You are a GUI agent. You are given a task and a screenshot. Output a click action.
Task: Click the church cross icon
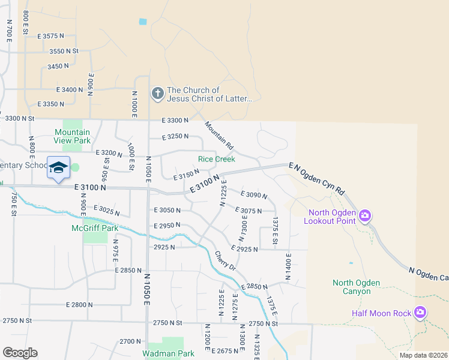click(x=157, y=93)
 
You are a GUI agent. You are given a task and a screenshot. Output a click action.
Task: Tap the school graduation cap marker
click(x=58, y=168)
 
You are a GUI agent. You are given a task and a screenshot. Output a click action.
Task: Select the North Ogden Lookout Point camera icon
click(x=364, y=215)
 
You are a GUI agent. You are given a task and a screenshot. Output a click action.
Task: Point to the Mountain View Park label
click(x=72, y=136)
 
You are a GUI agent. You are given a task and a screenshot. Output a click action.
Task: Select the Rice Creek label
click(x=217, y=159)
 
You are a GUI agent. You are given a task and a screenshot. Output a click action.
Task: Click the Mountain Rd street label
click(x=218, y=136)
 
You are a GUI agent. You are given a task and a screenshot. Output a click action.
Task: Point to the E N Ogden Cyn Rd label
click(x=316, y=178)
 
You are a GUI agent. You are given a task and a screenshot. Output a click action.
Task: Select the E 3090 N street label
click(x=253, y=194)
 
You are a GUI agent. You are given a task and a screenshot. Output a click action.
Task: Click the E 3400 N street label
click(x=70, y=89)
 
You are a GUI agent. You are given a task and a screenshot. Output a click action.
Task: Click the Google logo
click(x=20, y=353)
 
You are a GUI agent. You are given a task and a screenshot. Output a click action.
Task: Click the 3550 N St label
click(x=64, y=52)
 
